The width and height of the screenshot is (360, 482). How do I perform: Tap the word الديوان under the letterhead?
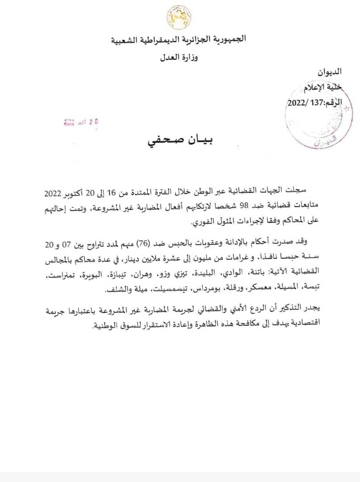[x=328, y=71]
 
